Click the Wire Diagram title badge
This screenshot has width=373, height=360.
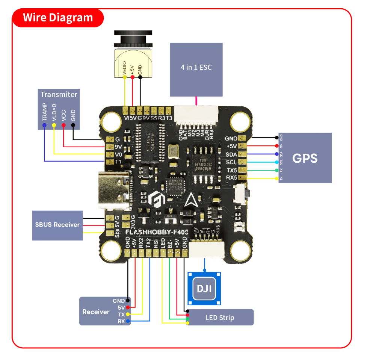(x=58, y=18)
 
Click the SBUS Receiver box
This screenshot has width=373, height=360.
(x=57, y=225)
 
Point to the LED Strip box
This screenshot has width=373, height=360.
(x=220, y=318)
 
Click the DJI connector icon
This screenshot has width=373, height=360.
(x=204, y=289)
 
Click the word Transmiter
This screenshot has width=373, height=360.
(x=59, y=95)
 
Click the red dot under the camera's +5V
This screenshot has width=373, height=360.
(x=132, y=77)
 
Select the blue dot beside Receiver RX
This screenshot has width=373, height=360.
(x=128, y=321)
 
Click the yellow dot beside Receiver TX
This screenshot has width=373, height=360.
(x=128, y=314)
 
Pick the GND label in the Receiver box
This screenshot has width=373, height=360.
(x=119, y=301)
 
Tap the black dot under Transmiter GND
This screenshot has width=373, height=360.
(x=73, y=125)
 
